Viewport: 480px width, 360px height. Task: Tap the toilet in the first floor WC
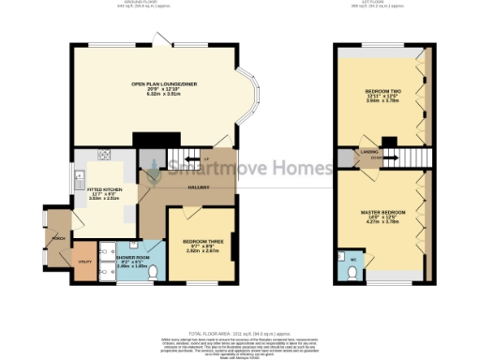[x=350, y=273]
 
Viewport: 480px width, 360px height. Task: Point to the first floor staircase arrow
[x=373, y=160]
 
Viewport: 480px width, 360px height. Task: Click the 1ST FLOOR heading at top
[x=384, y=5]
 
